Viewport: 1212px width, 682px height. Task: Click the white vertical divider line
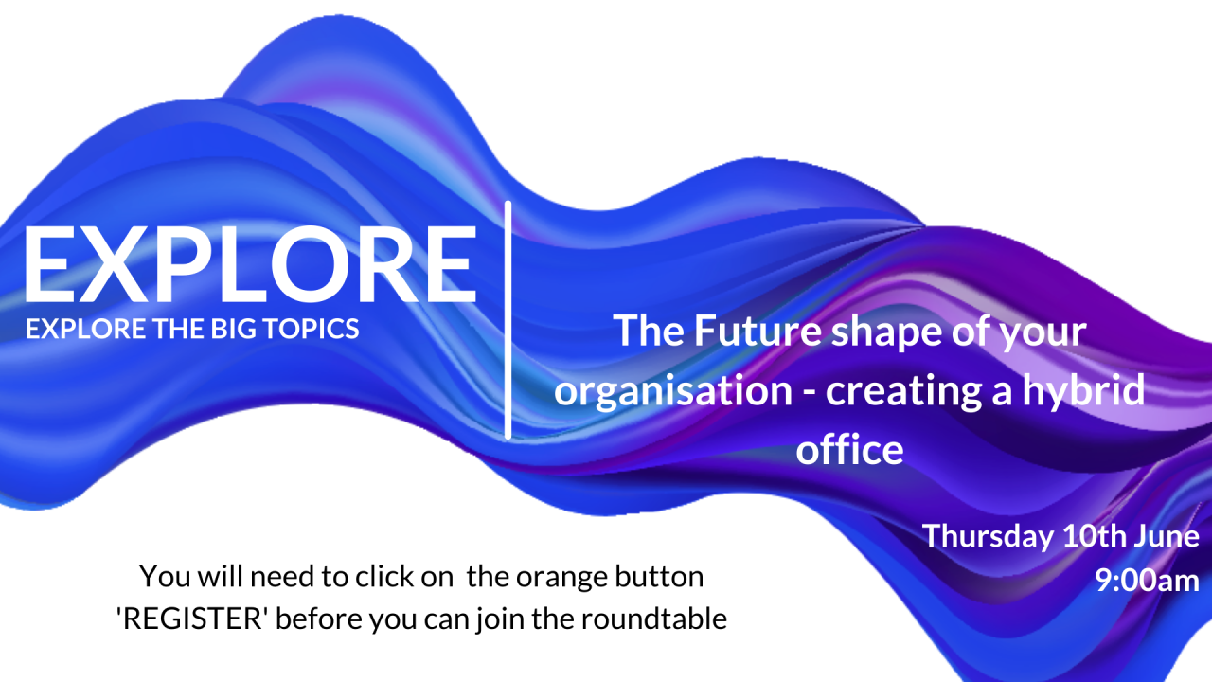coord(508,320)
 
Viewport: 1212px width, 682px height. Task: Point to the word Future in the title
coord(739,332)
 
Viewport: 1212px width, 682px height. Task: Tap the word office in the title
coord(849,450)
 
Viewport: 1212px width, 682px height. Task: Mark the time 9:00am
coord(1147,580)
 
